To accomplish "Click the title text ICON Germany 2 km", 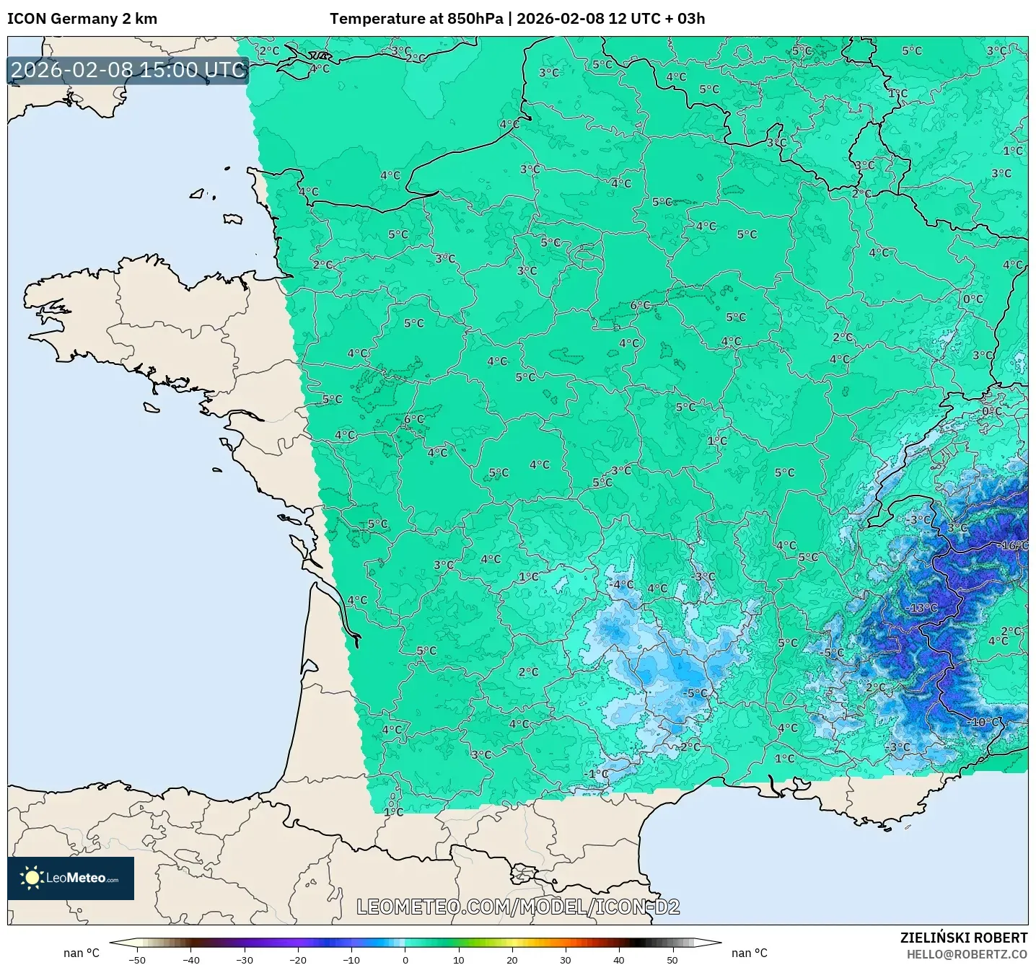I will (x=82, y=19).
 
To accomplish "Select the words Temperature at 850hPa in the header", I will (x=416, y=19).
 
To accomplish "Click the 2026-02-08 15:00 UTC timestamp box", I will (x=128, y=70).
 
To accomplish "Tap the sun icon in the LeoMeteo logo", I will (x=32, y=878).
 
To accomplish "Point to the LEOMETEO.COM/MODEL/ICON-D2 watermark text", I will (x=518, y=907).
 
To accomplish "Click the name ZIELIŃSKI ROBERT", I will (x=963, y=938).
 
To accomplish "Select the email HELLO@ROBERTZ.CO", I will (x=966, y=954).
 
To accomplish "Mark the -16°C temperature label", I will (x=1014, y=545).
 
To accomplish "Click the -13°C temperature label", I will (x=921, y=608).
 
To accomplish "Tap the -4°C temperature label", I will (x=620, y=584).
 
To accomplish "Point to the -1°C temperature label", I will (x=597, y=774).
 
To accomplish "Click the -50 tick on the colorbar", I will (x=136, y=959).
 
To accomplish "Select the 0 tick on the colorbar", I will (x=405, y=959).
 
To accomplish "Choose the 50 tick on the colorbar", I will (x=672, y=959).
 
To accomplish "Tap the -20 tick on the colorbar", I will (x=297, y=959).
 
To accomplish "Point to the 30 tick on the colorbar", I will (x=565, y=959).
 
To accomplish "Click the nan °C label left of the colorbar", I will (x=82, y=953).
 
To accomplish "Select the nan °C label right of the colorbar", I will (x=749, y=953).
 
